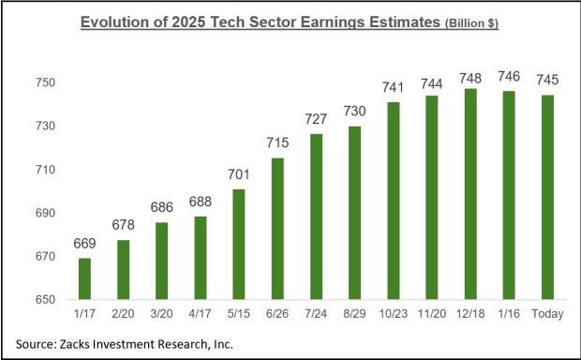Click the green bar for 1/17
84,278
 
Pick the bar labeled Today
547,197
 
